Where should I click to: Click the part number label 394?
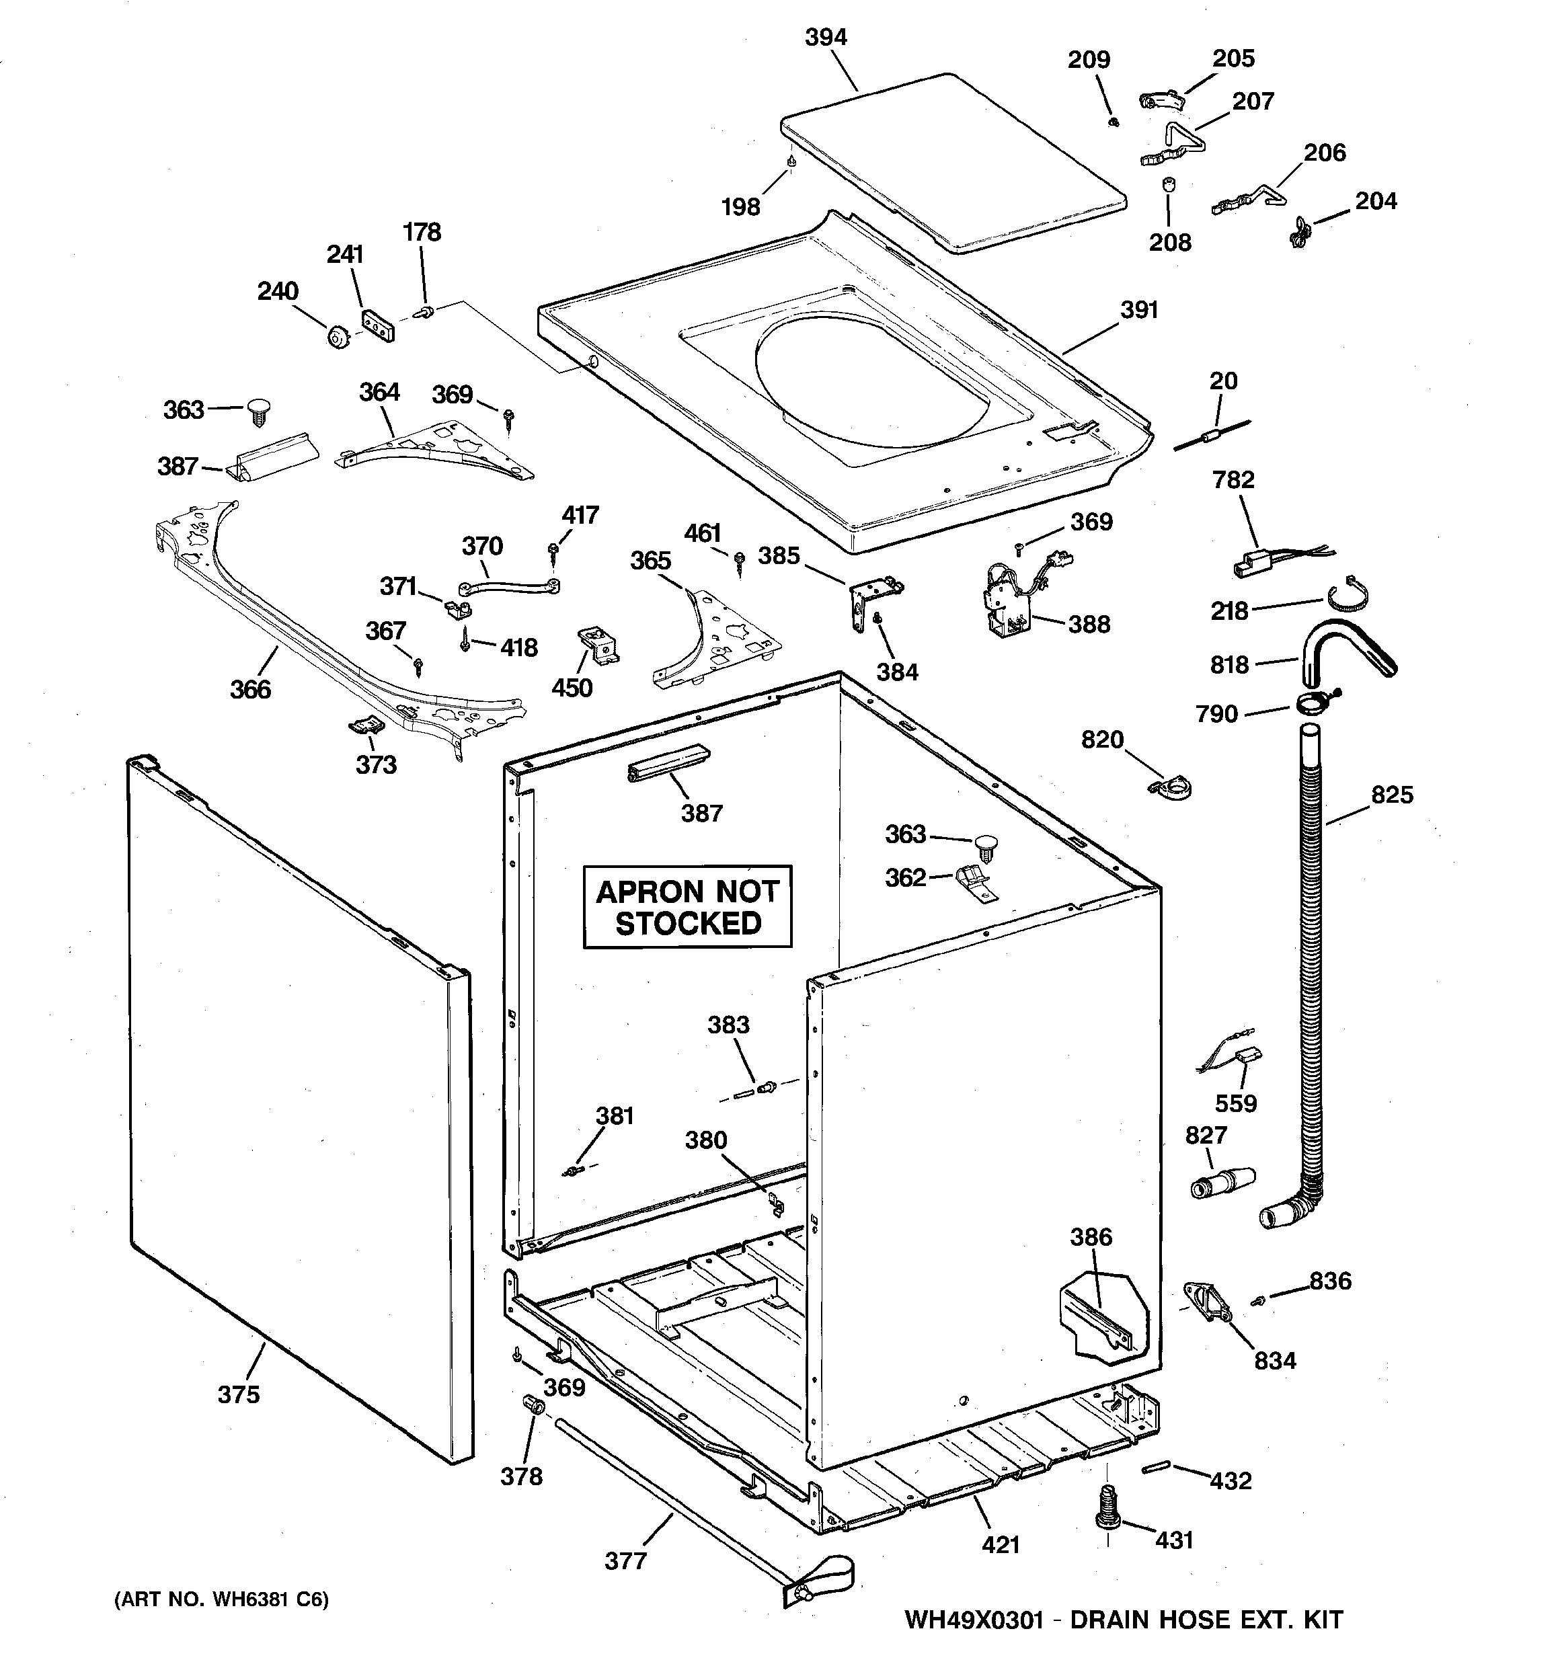coord(826,37)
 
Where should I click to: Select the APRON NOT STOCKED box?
coord(687,908)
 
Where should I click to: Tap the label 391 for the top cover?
coord(1139,310)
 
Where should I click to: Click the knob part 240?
coord(338,338)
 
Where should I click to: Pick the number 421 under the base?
coord(1000,1545)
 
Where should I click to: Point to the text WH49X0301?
coord(973,1620)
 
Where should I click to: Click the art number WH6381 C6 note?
coord(221,1599)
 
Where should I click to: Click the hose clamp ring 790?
coord(1315,701)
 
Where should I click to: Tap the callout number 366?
coord(250,689)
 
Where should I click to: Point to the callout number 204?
coord(1376,201)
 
